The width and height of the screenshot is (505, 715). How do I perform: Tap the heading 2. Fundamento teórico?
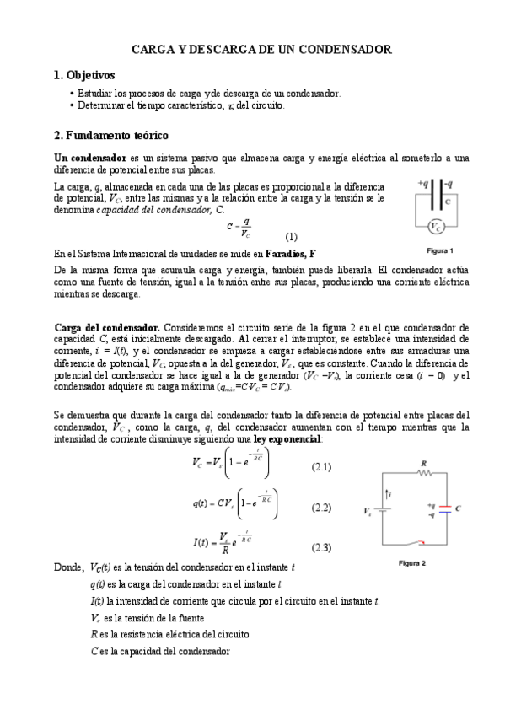[111, 135]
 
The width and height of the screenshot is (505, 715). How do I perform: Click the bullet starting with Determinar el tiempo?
[180, 106]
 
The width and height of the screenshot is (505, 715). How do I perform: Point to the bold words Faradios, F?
[291, 253]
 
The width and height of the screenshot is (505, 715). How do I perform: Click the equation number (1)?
[292, 236]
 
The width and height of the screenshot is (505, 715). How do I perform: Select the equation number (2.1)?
[321, 467]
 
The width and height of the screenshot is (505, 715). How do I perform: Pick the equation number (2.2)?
[321, 508]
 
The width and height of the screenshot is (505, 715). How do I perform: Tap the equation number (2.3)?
[321, 547]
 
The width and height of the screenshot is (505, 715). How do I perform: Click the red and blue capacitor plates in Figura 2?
[445, 509]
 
